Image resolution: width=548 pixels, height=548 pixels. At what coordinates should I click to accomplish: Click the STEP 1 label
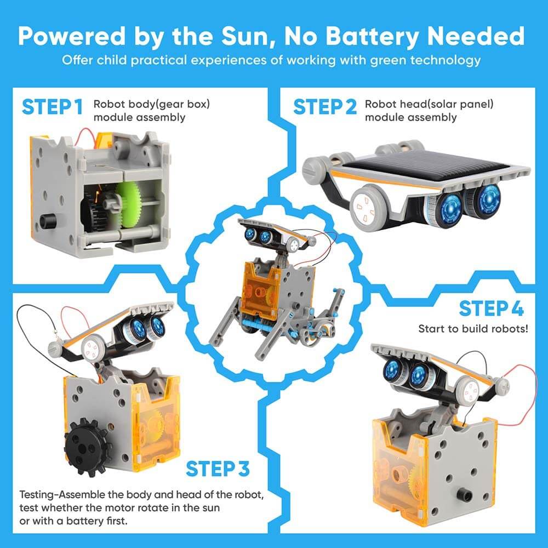click(x=52, y=106)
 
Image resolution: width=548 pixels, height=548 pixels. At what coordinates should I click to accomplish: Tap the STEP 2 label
click(x=324, y=106)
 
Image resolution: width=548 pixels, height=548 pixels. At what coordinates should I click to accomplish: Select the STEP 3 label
click(x=218, y=469)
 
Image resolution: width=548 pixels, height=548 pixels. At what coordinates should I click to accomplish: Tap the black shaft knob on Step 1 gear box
click(x=48, y=222)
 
